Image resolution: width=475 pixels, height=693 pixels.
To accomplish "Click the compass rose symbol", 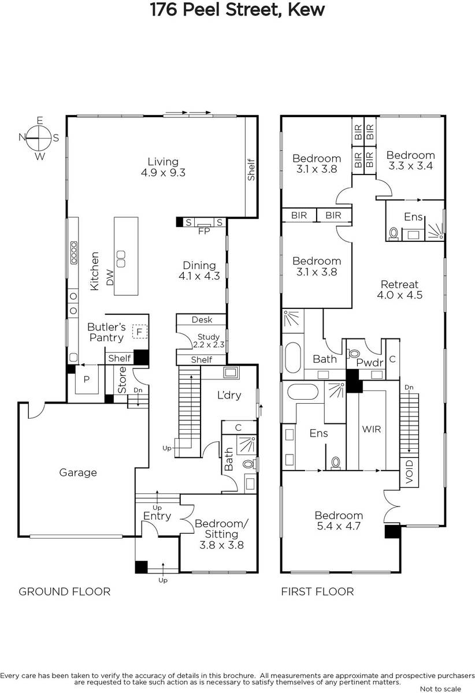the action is [39, 138].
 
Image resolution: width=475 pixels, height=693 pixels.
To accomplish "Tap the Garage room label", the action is [77, 472].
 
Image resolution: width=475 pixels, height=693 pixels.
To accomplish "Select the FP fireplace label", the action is [204, 231].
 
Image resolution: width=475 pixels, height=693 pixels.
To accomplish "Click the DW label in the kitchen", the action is [110, 278].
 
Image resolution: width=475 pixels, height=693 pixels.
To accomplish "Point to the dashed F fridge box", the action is [140, 331].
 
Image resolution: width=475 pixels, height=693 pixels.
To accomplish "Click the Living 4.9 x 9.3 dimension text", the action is [163, 172].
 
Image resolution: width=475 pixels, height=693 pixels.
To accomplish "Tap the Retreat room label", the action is [399, 284].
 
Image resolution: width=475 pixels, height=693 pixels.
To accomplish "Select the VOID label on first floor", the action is [409, 472].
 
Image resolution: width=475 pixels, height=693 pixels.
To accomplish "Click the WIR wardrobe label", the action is [372, 429].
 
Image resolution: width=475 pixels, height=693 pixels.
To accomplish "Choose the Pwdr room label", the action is [370, 362].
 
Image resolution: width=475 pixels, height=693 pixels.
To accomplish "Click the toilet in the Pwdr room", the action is [353, 353].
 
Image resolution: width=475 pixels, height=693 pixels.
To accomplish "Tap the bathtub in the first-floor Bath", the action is [293, 357].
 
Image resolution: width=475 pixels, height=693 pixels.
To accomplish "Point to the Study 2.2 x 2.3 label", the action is [209, 340].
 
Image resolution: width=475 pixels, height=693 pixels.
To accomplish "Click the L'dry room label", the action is [229, 395].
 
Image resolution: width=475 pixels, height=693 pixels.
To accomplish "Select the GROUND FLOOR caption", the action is [64, 591].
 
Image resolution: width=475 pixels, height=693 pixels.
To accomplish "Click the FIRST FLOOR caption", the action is [317, 591].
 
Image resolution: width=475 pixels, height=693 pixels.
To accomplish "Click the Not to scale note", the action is [440, 688].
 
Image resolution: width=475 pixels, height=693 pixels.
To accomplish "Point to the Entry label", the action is [157, 516].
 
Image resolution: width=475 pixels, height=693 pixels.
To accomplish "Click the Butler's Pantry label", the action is [106, 332].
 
